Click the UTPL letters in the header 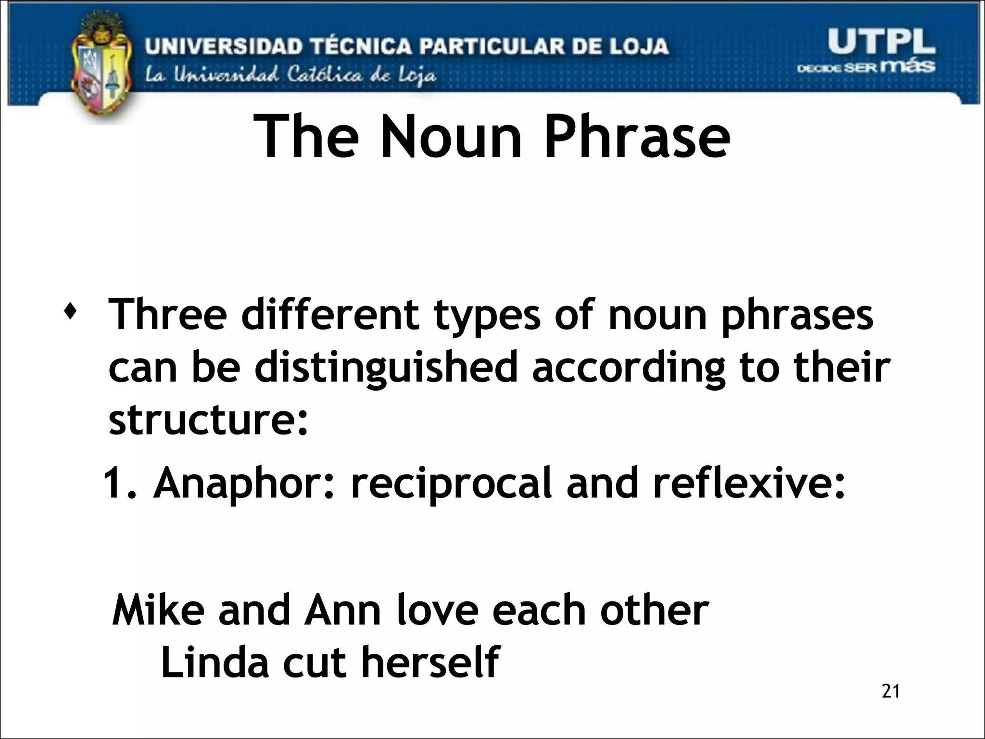click(x=881, y=41)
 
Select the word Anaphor click(x=243, y=484)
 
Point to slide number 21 click(x=891, y=691)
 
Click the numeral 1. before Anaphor click(x=120, y=484)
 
